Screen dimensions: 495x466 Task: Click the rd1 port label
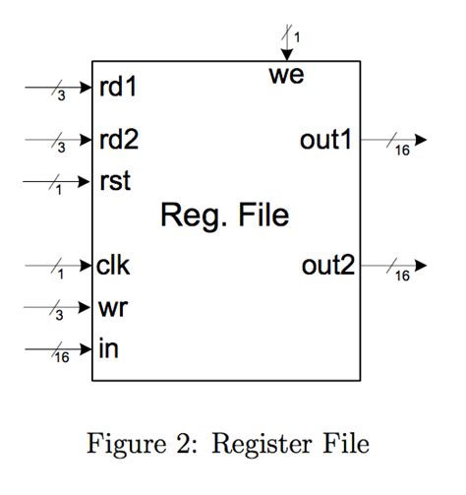[x=118, y=88]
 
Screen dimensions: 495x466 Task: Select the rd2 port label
[x=118, y=140]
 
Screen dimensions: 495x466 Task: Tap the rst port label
[x=114, y=181]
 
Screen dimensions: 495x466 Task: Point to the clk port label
[x=114, y=265]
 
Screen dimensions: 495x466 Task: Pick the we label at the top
[x=286, y=75]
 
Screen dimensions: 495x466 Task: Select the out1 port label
[x=325, y=140]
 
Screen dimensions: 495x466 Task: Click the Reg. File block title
[x=225, y=215]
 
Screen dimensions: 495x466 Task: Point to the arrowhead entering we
[x=286, y=55]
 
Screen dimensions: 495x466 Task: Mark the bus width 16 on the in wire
[x=61, y=358]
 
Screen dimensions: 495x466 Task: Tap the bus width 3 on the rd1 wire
[x=61, y=96]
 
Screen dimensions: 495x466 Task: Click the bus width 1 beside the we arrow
[x=297, y=37]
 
